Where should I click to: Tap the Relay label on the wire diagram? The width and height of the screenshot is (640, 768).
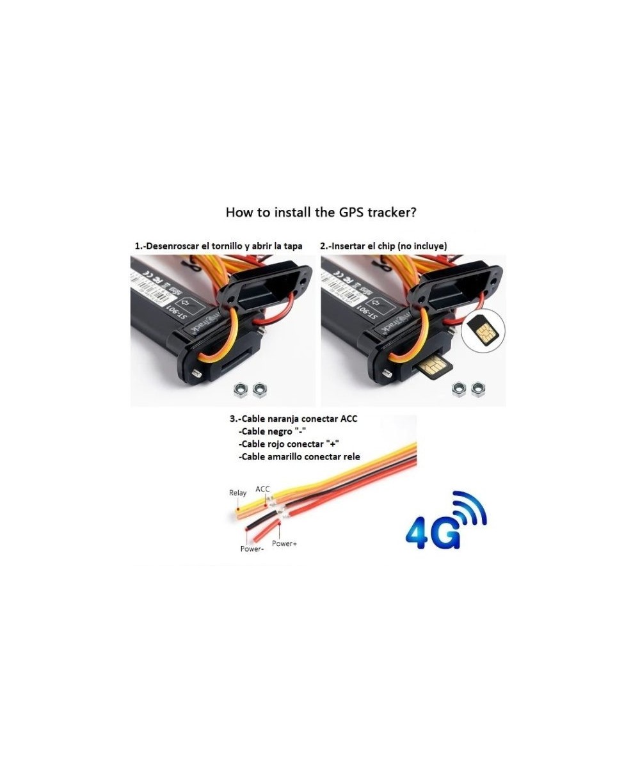click(237, 493)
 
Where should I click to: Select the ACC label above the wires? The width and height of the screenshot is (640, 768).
click(263, 489)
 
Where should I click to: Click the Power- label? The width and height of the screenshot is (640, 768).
click(252, 548)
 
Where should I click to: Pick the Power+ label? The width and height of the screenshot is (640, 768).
click(285, 543)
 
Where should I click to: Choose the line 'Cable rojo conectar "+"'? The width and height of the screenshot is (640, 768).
click(288, 444)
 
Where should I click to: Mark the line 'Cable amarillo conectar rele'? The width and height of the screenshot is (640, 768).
click(299, 457)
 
